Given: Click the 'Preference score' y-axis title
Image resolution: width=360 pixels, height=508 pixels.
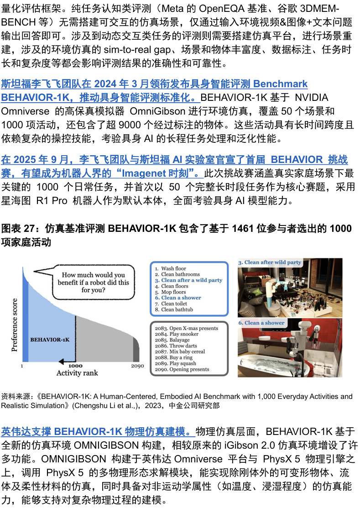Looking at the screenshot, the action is pyautogui.click(x=14, y=325).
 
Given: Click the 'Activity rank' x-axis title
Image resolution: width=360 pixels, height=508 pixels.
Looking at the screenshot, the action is pyautogui.click(x=77, y=373).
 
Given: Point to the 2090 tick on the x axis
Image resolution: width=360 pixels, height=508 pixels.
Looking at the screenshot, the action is pyautogui.click(x=138, y=366).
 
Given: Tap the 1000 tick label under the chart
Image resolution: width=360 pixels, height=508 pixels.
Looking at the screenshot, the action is pyautogui.click(x=75, y=366).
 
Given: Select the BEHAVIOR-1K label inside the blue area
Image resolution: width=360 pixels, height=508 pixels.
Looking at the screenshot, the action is pyautogui.click(x=50, y=340).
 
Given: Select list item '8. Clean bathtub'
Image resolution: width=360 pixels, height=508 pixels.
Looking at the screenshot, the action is pyautogui.click(x=174, y=309).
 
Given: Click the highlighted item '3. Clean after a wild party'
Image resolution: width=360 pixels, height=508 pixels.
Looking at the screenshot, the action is pyautogui.click(x=188, y=280).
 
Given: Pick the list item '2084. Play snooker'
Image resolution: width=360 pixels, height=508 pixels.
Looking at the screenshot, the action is pyautogui.click(x=177, y=334).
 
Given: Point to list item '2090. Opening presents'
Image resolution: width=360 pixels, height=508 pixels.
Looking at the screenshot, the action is pyautogui.click(x=182, y=369).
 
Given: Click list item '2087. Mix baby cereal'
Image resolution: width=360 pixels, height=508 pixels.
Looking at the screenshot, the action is pyautogui.click(x=180, y=351).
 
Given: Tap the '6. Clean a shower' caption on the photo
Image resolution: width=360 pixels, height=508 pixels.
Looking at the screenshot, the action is pyautogui.click(x=261, y=323).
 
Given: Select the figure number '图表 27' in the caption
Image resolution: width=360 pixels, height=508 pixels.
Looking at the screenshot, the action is pyautogui.click(x=18, y=229).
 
